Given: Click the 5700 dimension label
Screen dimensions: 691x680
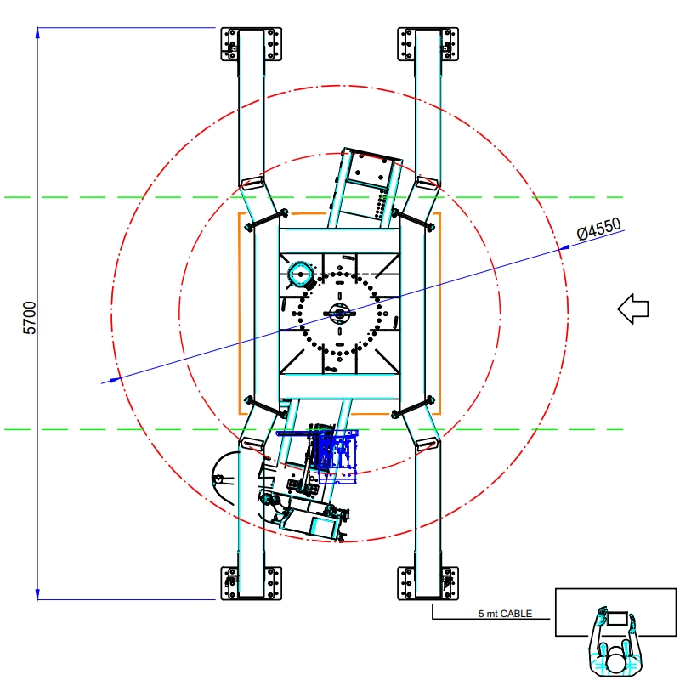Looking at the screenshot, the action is click(x=29, y=318).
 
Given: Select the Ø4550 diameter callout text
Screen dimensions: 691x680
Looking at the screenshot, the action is click(x=599, y=229).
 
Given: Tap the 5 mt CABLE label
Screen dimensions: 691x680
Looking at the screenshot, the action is click(x=505, y=613).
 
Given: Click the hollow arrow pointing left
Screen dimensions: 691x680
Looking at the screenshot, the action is click(x=633, y=309).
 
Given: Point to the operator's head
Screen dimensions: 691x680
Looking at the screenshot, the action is click(x=615, y=662).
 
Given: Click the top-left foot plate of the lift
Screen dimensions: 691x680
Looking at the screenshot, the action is click(x=252, y=44).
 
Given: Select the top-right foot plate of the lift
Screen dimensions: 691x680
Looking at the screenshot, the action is click(x=428, y=44).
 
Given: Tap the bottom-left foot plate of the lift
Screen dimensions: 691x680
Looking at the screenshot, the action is click(x=252, y=583).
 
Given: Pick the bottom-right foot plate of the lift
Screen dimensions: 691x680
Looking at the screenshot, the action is click(x=428, y=583).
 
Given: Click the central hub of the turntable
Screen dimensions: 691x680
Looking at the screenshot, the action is click(x=340, y=313).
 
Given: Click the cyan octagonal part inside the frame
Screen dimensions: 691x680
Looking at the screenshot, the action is click(x=301, y=274).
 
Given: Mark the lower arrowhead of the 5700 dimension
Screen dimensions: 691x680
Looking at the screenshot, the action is click(x=37, y=593).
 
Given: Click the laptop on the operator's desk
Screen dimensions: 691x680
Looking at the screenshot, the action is click(x=617, y=619).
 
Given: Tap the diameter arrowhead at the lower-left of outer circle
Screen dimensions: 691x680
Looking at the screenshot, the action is click(x=115, y=379).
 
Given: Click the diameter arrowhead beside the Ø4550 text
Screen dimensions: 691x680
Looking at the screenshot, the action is click(x=564, y=247).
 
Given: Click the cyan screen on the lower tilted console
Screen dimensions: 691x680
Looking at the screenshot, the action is click(x=322, y=526).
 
